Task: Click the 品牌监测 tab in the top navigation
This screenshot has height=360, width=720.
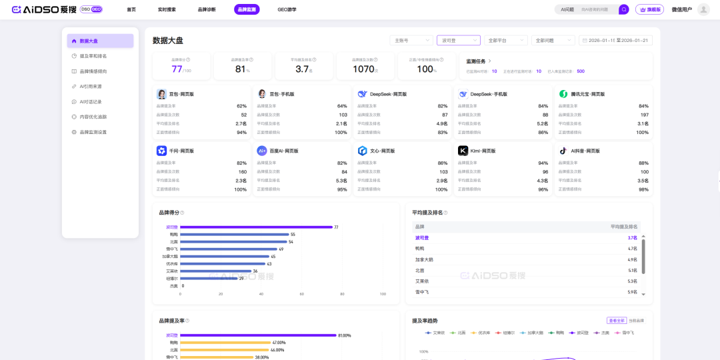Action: point(247,9)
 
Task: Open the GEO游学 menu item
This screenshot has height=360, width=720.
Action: point(287,9)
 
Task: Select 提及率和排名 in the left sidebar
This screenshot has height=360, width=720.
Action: point(93,56)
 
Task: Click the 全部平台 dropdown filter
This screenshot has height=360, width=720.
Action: point(505,41)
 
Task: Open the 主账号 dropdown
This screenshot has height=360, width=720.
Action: point(411,41)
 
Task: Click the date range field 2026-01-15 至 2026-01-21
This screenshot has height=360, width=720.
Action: point(615,41)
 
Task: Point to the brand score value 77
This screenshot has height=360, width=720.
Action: point(177,69)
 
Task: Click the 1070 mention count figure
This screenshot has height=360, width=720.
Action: point(363,69)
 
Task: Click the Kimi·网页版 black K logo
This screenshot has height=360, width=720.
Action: point(463,151)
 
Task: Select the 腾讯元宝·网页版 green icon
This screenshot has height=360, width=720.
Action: point(563,94)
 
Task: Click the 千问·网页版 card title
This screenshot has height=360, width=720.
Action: point(181,151)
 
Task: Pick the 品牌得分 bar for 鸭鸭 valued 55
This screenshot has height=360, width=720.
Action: point(233,235)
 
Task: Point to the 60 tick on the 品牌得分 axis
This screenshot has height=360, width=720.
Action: point(301,294)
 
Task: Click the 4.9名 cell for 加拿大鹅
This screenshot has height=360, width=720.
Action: point(632,259)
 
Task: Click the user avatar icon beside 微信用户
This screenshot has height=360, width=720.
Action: point(703,9)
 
